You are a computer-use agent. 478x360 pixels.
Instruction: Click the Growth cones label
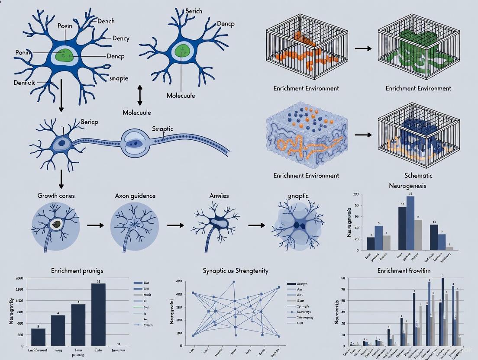point(56,196)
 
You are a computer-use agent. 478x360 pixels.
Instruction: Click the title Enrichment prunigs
point(77,271)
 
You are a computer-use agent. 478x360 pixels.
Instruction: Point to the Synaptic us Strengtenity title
point(236,271)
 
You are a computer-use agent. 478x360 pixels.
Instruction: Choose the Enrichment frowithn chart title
point(404,271)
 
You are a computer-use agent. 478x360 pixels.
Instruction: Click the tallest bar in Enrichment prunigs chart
point(98,315)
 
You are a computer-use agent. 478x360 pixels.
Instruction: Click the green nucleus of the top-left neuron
point(65,55)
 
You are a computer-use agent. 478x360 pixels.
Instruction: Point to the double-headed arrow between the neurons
point(139,95)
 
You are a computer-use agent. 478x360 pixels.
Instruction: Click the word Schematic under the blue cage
point(418,176)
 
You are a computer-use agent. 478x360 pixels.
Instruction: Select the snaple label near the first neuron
point(119,78)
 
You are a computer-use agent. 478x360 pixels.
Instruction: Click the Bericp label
point(90,122)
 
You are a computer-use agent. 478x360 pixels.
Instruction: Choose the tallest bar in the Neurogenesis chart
point(410,223)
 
